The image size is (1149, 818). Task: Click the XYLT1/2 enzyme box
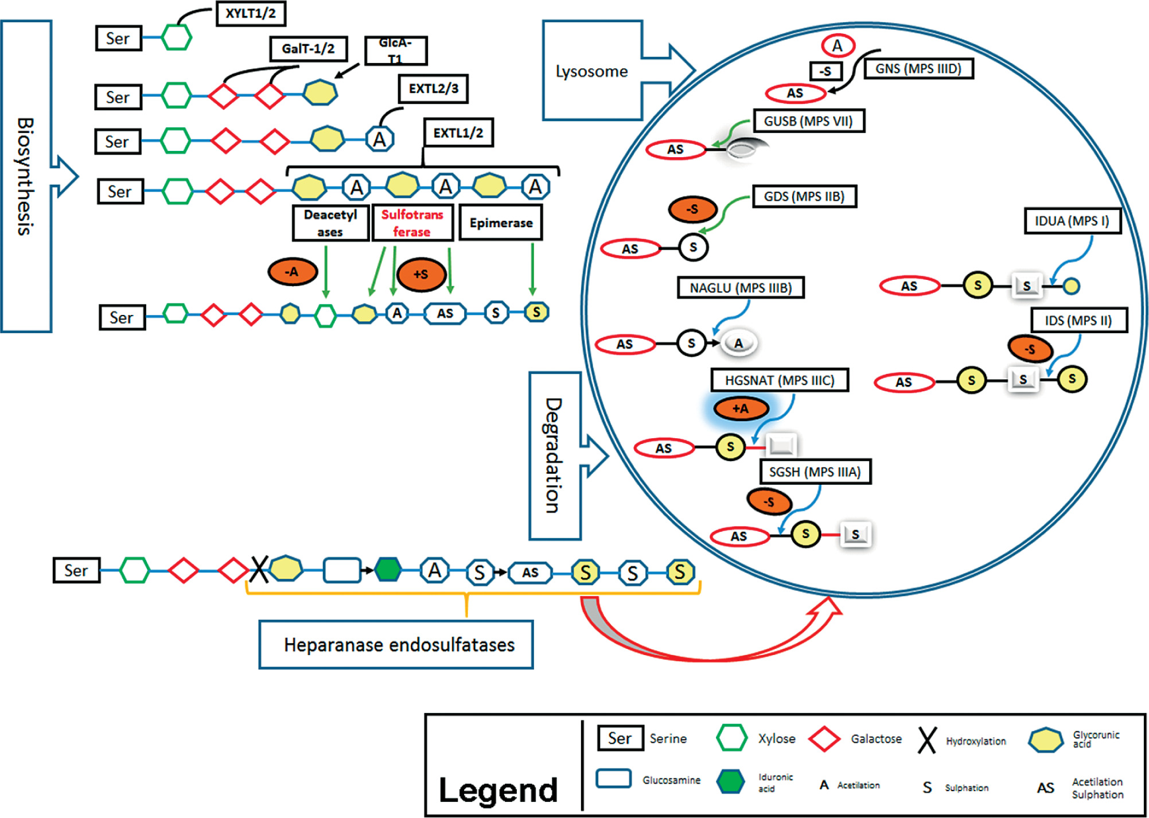point(251,14)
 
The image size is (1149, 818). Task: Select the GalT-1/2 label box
point(309,49)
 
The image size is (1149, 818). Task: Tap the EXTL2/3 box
point(433,89)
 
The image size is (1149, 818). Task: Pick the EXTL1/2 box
point(458,133)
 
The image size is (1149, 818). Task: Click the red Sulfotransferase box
point(412,223)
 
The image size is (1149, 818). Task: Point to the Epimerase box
point(501,223)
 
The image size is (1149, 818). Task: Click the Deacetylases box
point(330,223)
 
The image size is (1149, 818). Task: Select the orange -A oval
point(293,272)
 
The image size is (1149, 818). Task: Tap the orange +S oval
point(421,274)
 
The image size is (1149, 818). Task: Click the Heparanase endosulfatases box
point(396,645)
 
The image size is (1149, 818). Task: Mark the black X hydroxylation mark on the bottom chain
point(259,570)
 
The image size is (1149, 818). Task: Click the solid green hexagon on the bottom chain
point(388,570)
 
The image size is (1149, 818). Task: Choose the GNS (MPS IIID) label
point(918,69)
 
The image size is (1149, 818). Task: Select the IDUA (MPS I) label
point(1072,221)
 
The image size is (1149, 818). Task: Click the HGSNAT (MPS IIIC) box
point(779,380)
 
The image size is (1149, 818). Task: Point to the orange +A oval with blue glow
point(741,408)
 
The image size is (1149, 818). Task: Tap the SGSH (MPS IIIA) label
point(815,472)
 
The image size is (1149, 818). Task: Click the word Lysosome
point(591,71)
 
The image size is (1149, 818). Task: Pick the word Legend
point(498,790)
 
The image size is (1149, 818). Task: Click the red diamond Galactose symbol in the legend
point(824,739)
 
